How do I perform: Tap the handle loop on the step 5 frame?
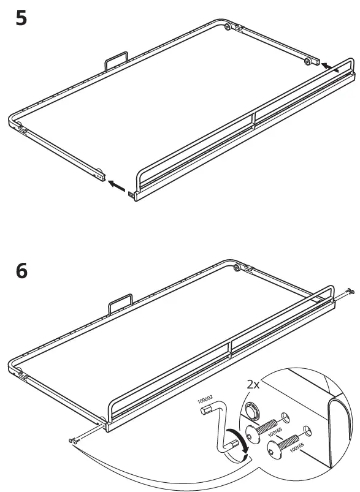click(116, 61)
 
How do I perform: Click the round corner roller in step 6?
click(237, 267)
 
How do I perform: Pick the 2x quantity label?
click(254, 385)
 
